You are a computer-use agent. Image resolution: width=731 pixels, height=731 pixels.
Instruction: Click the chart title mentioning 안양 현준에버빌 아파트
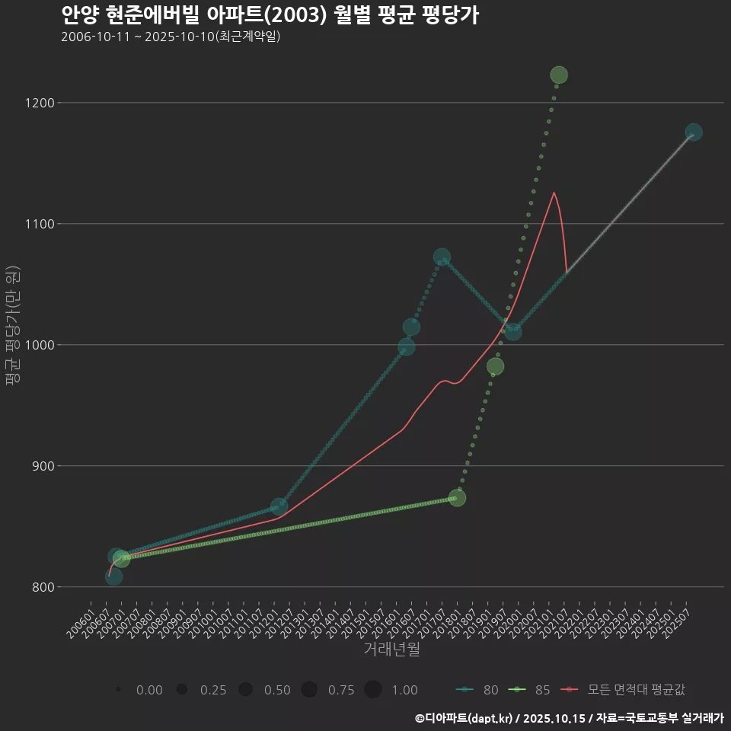tap(270, 15)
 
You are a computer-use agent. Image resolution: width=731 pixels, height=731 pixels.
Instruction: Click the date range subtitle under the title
tap(171, 37)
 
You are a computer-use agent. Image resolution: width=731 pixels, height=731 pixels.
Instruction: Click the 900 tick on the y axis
tap(40, 466)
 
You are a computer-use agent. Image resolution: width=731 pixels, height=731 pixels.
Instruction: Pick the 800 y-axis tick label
tap(40, 587)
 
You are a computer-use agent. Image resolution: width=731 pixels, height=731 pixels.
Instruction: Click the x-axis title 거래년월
tap(391, 649)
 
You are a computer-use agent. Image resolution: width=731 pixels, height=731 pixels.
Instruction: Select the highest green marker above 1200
tap(559, 75)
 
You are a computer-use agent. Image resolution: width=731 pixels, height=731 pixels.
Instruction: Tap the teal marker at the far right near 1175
tap(694, 132)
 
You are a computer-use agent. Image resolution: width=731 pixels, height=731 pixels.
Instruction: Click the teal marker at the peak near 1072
tap(442, 257)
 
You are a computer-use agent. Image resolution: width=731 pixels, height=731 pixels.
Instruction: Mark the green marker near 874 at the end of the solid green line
tap(457, 498)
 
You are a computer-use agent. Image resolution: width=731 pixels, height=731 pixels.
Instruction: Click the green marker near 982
tap(495, 366)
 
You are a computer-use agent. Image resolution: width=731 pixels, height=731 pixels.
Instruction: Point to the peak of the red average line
tap(554, 193)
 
